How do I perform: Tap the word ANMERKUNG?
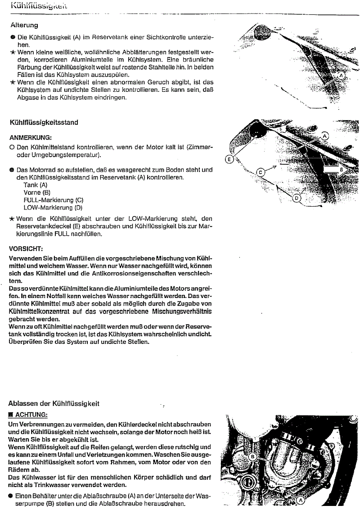(x=30, y=137)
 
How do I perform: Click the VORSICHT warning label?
(x=26, y=248)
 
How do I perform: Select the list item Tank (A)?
(x=35, y=185)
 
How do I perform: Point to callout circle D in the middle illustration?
(x=297, y=197)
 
